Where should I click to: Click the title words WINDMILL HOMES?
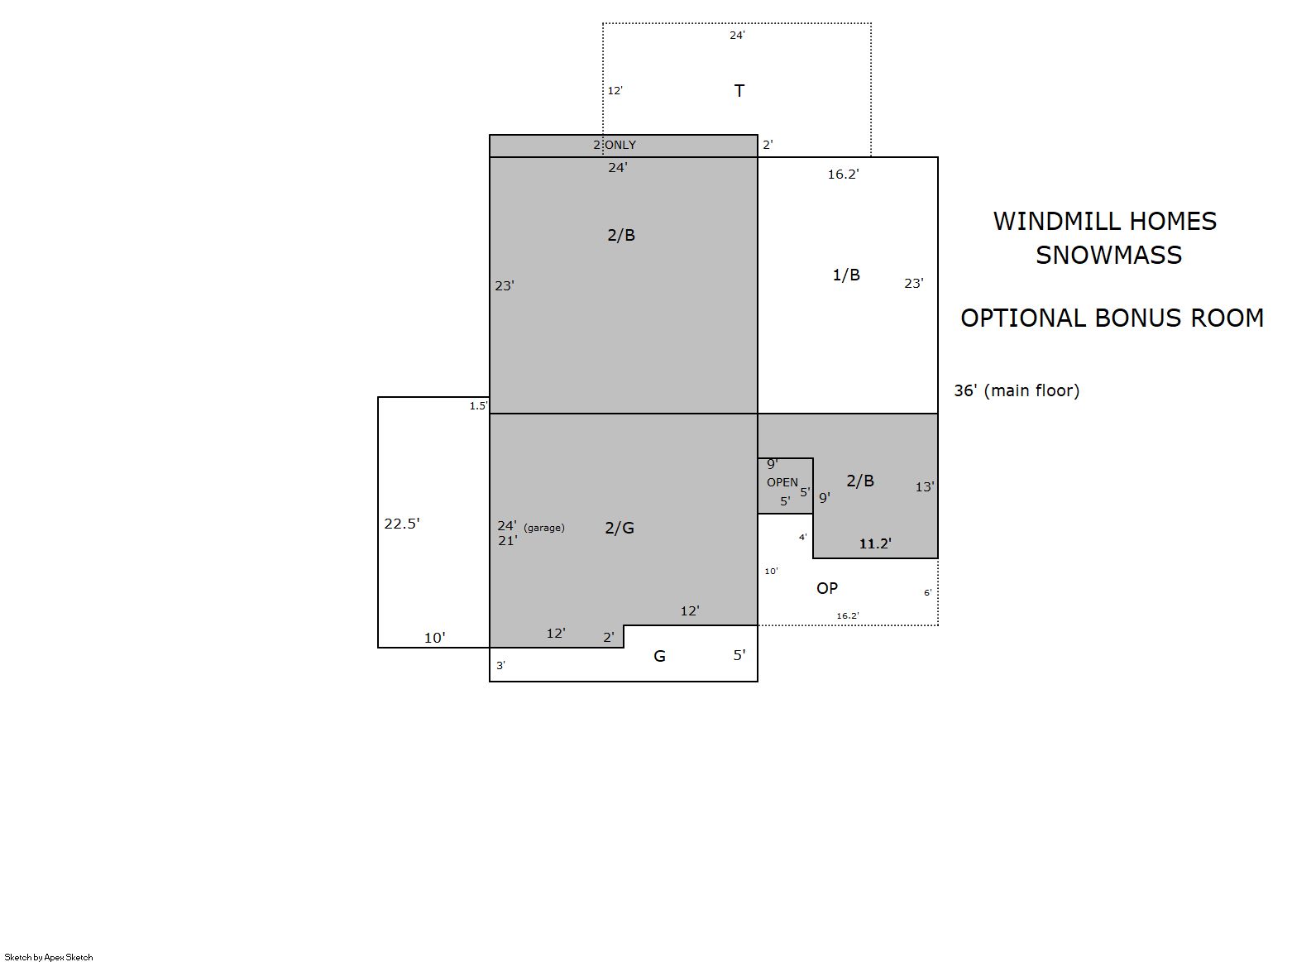point(1104,221)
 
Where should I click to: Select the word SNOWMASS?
point(1108,255)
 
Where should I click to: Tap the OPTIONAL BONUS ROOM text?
point(1112,318)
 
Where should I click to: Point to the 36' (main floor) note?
point(1017,390)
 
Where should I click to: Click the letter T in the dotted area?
point(739,91)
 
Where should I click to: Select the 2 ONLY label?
point(615,145)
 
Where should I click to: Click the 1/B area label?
point(846,275)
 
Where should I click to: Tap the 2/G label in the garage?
point(620,528)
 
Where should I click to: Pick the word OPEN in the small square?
point(782,482)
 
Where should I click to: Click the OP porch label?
point(827,588)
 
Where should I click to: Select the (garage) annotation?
point(544,528)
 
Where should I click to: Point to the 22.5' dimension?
point(401,523)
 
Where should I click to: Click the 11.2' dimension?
point(875,543)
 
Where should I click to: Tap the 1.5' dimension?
point(478,405)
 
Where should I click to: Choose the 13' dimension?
point(925,487)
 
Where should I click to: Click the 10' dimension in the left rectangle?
point(435,638)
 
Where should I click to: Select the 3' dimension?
point(501,665)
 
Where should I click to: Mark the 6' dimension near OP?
point(928,593)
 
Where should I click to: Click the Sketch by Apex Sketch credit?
point(49,957)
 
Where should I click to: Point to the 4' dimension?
point(803,537)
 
